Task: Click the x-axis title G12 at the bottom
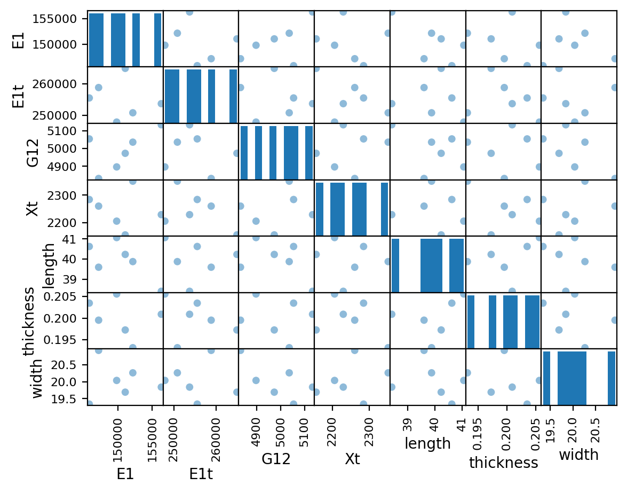[x=276, y=459]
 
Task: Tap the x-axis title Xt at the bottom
[x=352, y=459]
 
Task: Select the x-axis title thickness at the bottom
[x=503, y=462]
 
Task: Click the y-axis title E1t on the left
[x=18, y=96]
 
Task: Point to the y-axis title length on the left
[x=48, y=265]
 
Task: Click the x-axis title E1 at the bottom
[x=125, y=474]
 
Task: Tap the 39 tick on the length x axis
[x=408, y=425]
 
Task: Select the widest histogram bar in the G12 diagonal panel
[x=291, y=153]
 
